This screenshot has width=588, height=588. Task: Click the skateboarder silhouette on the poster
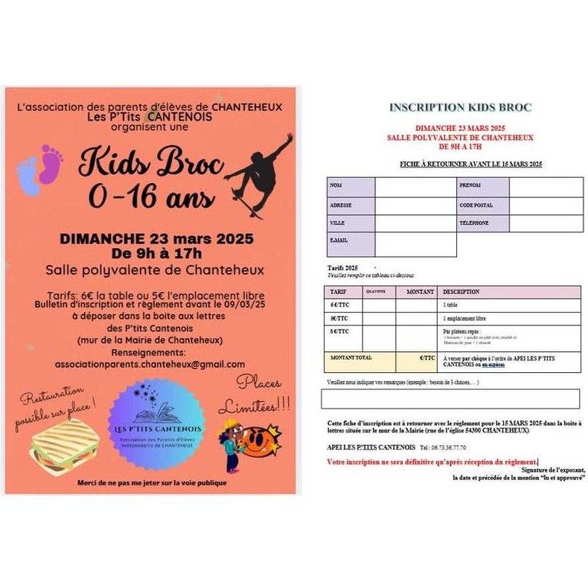[255, 173]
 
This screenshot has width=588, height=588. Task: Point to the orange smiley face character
[262, 441]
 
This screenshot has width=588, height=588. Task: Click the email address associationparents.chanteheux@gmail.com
[150, 365]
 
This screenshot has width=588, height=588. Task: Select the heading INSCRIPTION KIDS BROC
[460, 108]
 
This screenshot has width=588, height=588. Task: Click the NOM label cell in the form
[351, 186]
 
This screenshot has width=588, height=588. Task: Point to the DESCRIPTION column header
[511, 293]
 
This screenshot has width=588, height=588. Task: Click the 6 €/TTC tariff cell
[343, 306]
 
